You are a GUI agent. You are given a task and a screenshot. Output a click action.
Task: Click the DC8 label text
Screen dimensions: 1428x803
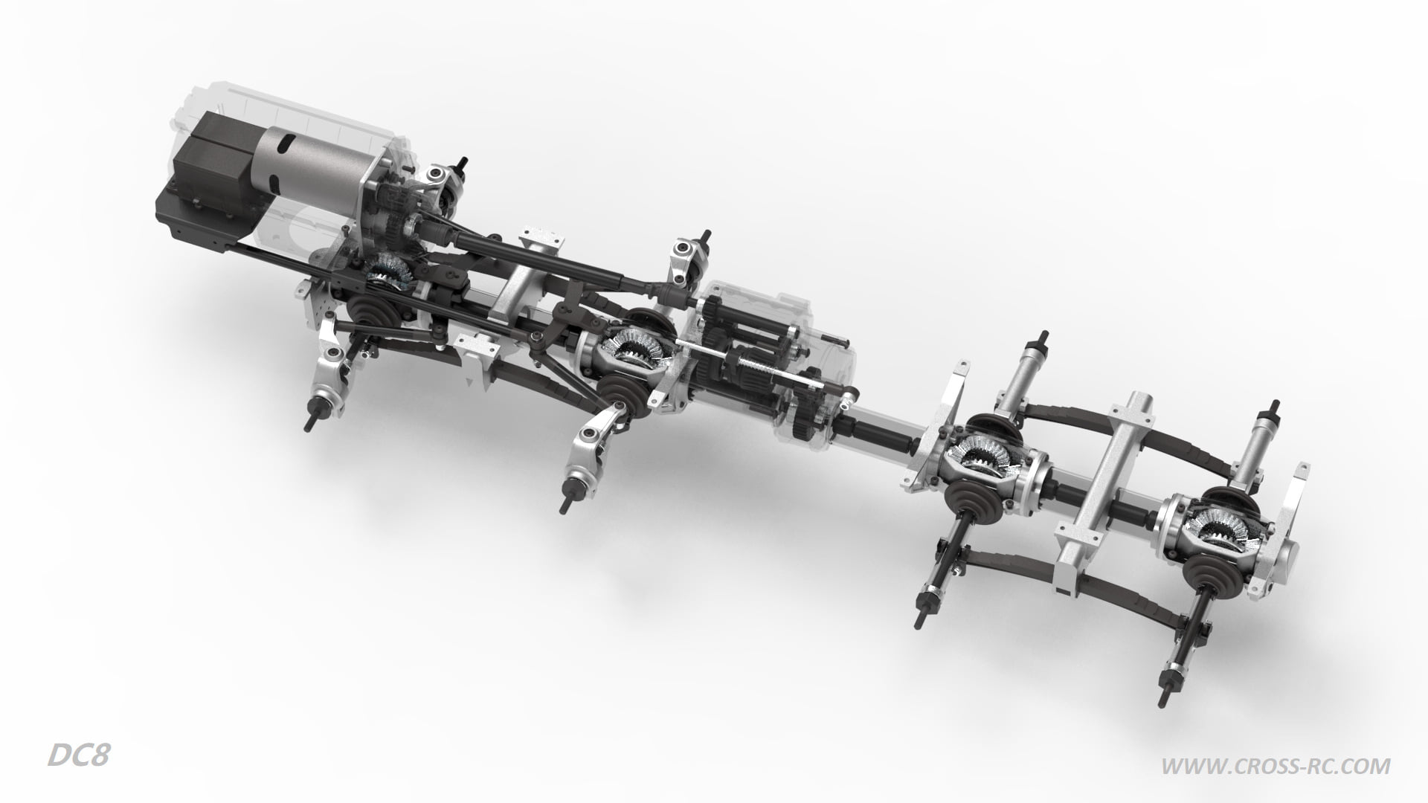coord(79,756)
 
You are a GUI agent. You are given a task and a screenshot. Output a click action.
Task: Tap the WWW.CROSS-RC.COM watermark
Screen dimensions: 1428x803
coord(1276,765)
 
